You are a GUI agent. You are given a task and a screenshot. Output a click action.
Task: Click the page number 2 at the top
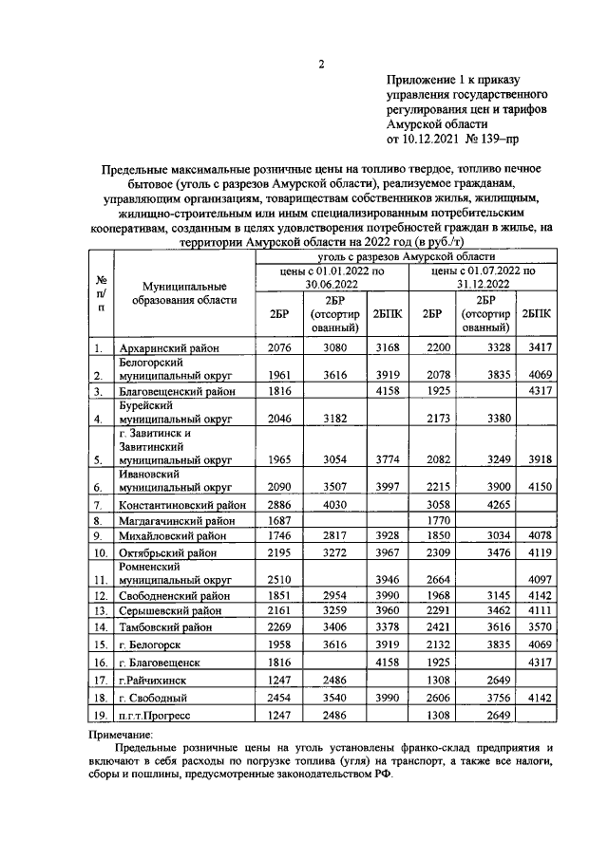point(321,65)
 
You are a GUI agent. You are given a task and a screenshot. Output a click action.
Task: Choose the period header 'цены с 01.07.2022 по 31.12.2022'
point(483,277)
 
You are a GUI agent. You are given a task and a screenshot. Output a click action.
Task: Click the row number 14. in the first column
point(98,626)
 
